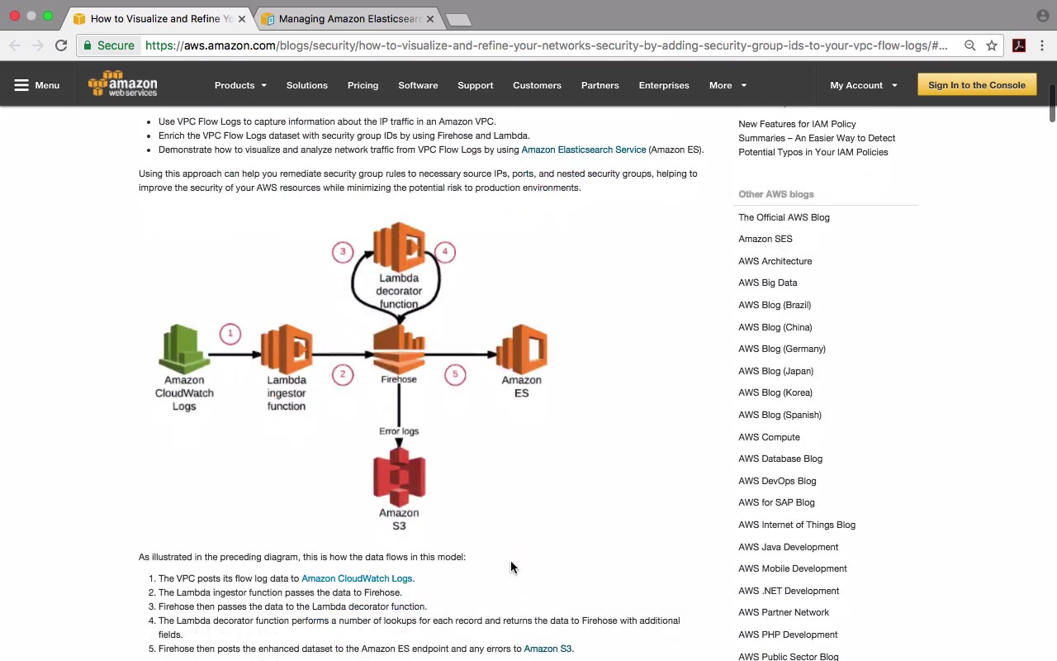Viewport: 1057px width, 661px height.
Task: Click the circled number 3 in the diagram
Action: coord(343,252)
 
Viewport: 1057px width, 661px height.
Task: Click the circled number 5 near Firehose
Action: coord(455,374)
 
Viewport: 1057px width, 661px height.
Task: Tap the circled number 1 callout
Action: coord(230,334)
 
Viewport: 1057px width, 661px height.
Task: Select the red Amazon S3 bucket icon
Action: coord(399,477)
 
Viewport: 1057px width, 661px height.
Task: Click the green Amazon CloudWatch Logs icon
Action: coord(184,349)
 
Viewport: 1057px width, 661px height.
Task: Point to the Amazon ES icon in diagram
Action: coord(521,349)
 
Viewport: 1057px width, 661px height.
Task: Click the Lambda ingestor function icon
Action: coord(287,349)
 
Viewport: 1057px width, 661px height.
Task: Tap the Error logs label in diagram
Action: coord(399,431)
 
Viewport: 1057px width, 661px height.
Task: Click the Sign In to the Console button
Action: coord(977,85)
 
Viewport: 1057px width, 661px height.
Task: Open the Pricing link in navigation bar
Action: coord(363,85)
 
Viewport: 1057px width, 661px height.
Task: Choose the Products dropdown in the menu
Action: coord(240,85)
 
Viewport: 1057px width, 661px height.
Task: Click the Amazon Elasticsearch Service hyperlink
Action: coord(584,150)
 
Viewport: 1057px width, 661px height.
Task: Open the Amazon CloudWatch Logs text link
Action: coord(357,578)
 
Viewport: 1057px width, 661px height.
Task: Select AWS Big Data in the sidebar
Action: coord(768,283)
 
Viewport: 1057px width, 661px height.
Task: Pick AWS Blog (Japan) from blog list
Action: coord(775,371)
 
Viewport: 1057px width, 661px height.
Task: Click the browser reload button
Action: coord(61,45)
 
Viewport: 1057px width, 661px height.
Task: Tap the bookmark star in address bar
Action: coord(992,45)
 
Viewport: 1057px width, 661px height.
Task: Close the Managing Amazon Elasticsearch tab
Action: coord(430,19)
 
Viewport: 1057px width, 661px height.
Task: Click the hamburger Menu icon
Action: coord(21,85)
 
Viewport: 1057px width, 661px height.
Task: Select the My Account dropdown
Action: coord(864,85)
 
